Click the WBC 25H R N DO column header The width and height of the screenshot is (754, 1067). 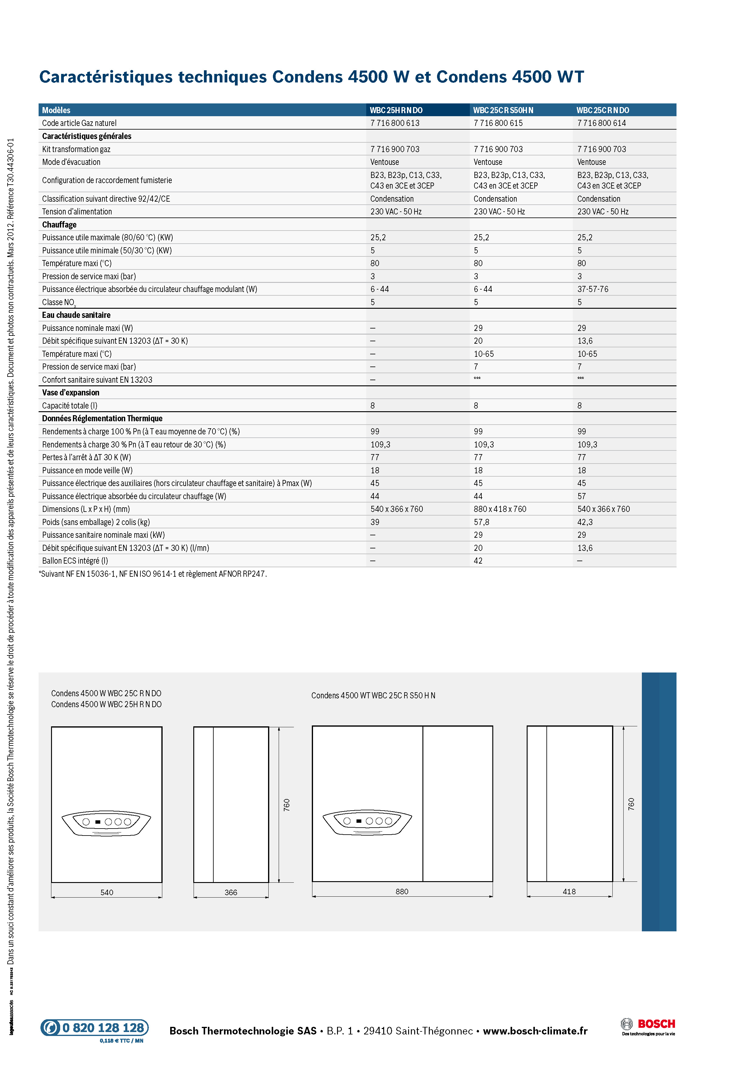coord(396,110)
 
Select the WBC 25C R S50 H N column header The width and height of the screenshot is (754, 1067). coord(503,110)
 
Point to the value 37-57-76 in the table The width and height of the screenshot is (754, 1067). coord(592,289)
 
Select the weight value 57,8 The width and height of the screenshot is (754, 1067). coord(481,522)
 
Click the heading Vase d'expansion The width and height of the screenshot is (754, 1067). coord(71,393)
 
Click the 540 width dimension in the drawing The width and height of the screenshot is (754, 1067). coord(107,892)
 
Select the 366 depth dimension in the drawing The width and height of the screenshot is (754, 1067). coord(231,892)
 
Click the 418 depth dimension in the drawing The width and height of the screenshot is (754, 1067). coord(569,891)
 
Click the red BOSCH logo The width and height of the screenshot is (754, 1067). coord(656,1024)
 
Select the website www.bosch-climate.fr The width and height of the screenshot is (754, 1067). coord(535,1031)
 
